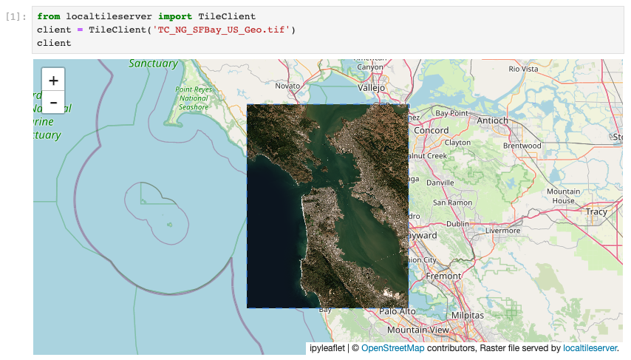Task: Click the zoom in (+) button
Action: tap(53, 80)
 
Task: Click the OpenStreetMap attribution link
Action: tap(392, 347)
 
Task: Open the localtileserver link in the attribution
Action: tap(590, 347)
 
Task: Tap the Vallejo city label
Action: tap(372, 87)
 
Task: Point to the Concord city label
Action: tap(431, 130)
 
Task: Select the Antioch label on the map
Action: tap(493, 120)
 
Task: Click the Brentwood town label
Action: tap(522, 146)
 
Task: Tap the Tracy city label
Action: tap(596, 211)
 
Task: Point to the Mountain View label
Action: tap(417, 330)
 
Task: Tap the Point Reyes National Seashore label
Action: tap(194, 98)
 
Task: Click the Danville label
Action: tap(440, 182)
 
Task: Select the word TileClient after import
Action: tap(227, 16)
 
